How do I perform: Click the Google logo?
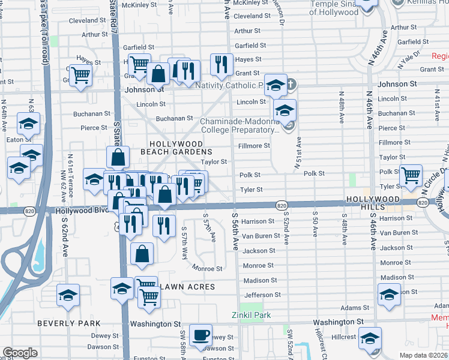click(x=20, y=353)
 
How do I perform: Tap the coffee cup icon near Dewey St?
click(x=200, y=334)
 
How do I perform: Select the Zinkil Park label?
click(x=251, y=315)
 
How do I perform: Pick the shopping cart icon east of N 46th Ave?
click(x=411, y=175)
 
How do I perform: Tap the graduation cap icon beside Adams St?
click(x=389, y=294)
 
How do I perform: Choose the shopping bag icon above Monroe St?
click(x=142, y=253)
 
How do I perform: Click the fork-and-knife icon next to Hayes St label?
click(x=221, y=63)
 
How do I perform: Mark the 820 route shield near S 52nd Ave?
click(x=281, y=205)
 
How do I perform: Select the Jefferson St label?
click(x=262, y=295)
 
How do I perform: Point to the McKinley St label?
click(x=139, y=5)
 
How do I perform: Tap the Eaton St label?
click(x=14, y=139)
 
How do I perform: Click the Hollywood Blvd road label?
click(x=82, y=211)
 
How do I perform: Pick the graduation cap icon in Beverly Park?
click(x=68, y=295)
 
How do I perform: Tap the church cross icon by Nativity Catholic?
click(x=291, y=84)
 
